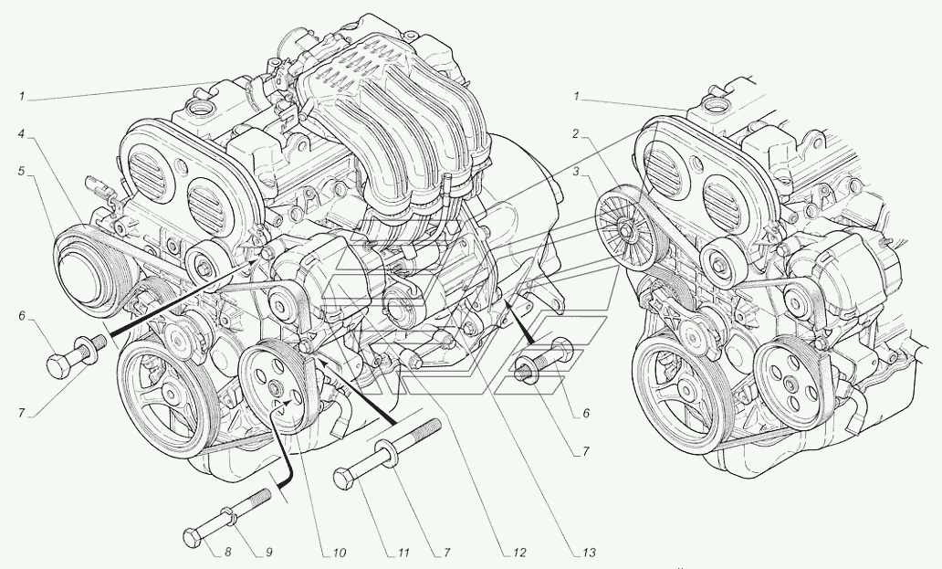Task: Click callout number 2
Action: pyautogui.click(x=576, y=134)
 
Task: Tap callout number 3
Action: pyautogui.click(x=576, y=172)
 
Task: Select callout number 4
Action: pyautogui.click(x=22, y=134)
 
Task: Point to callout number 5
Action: pyautogui.click(x=22, y=171)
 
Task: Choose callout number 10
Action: pyautogui.click(x=340, y=553)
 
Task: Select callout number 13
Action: pyautogui.click(x=590, y=553)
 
